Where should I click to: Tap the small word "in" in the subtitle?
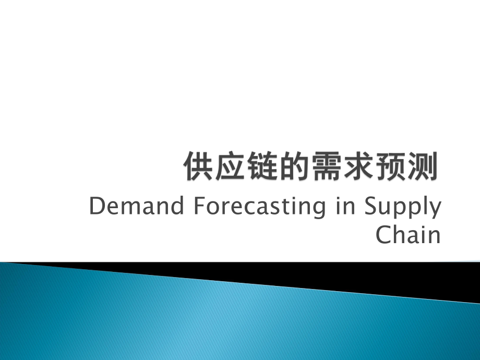pos(340,207)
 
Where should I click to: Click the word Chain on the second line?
pos(409,235)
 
